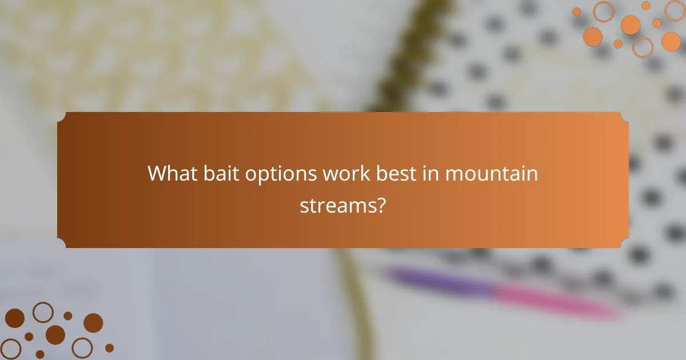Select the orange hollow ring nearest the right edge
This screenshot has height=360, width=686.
675,11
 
